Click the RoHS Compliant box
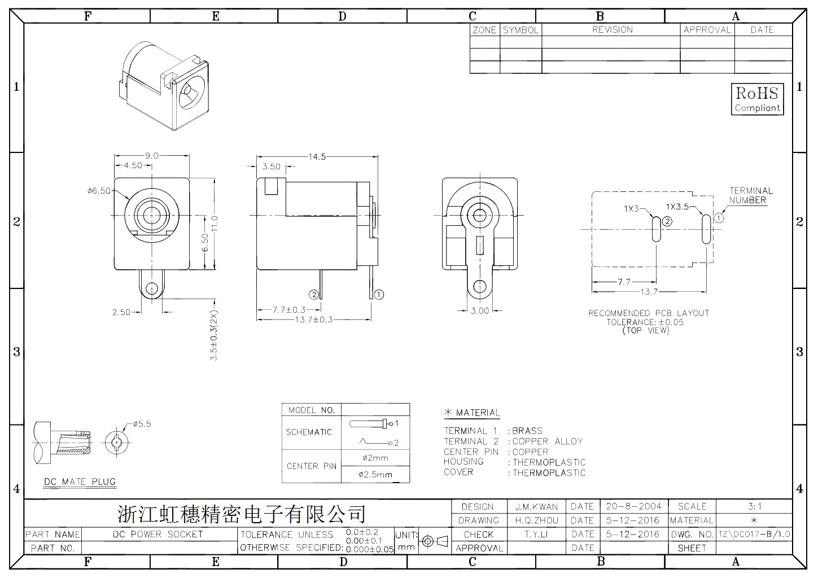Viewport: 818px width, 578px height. coord(757,99)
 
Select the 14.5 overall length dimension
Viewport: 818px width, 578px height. coord(317,157)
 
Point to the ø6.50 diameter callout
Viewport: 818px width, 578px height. coord(99,191)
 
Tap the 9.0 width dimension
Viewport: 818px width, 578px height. coord(151,156)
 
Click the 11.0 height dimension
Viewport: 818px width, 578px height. coord(215,224)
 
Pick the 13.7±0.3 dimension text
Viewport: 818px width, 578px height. coord(314,320)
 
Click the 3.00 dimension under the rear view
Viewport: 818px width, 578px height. coord(479,310)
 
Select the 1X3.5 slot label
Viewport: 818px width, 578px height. coord(677,207)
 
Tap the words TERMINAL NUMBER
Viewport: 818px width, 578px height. coord(751,195)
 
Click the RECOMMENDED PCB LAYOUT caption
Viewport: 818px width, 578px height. coord(649,313)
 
